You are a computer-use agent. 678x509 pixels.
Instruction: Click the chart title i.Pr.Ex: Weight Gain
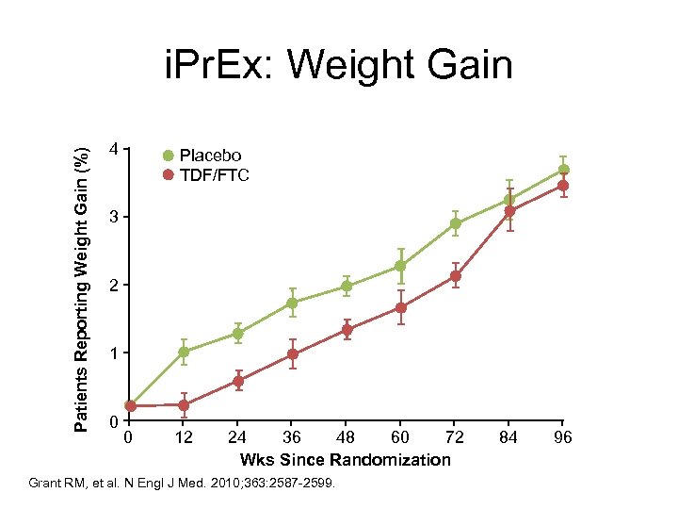tap(338, 66)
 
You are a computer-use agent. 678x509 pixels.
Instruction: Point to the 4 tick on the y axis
tap(113, 150)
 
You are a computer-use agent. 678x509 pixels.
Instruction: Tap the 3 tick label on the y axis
tap(113, 218)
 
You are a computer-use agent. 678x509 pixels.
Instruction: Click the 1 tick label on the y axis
tap(113, 353)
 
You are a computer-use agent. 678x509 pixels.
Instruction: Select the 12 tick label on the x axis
tap(184, 437)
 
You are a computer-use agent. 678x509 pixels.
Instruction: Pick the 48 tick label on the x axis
tap(347, 437)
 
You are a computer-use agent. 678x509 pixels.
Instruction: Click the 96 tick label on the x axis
tap(563, 437)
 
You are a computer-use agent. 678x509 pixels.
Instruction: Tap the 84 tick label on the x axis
tap(508, 437)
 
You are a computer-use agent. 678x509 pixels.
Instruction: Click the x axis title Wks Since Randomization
tap(346, 460)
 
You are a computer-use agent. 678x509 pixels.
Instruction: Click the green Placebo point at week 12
tap(184, 352)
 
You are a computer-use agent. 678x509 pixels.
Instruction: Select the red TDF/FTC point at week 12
tap(184, 405)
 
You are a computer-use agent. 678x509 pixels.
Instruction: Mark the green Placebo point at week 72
tap(456, 223)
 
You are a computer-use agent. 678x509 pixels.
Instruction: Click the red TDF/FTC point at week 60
tap(401, 307)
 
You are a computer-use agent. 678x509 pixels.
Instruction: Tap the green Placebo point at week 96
tap(563, 170)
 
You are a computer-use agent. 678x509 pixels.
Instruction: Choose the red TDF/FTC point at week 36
tap(293, 354)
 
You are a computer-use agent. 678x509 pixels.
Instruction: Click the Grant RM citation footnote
tap(188, 484)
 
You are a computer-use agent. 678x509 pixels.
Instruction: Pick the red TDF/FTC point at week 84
tap(509, 211)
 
